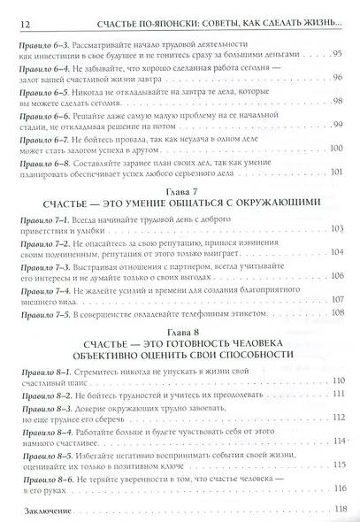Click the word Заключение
coord(41,510)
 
